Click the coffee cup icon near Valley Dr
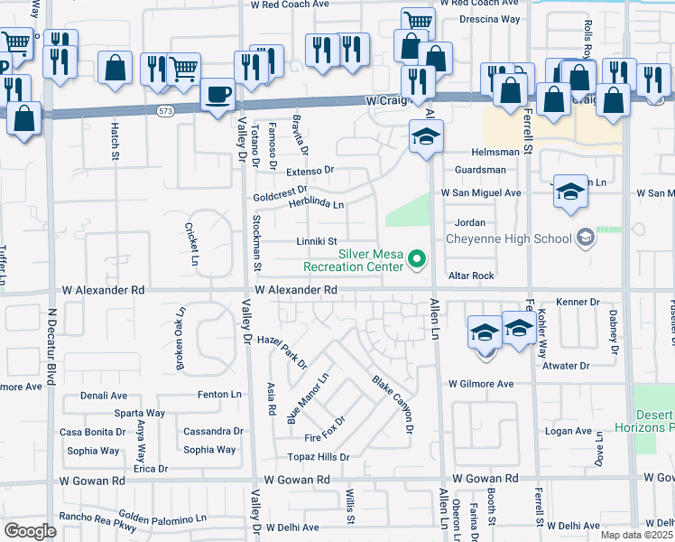tap(217, 94)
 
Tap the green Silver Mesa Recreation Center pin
tap(417, 260)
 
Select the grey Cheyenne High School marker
tap(586, 238)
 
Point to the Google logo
tap(30, 530)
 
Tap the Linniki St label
tap(317, 241)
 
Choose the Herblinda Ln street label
tap(316, 204)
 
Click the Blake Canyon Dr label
tap(393, 404)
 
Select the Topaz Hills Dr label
tap(318, 457)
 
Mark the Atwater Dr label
tap(565, 366)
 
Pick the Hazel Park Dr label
tap(282, 353)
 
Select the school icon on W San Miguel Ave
tap(569, 192)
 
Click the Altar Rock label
tap(473, 276)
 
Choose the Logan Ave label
tap(568, 432)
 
